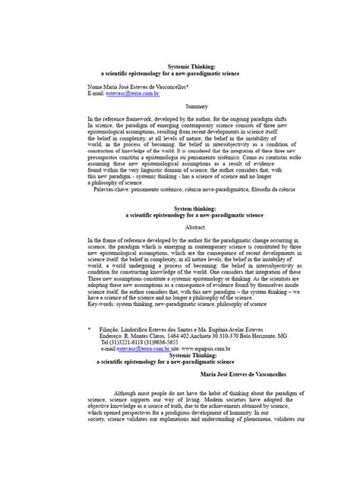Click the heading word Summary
tap(196, 106)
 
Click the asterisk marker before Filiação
tap(90, 330)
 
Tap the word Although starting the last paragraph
tap(128, 395)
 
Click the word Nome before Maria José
tap(96, 87)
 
